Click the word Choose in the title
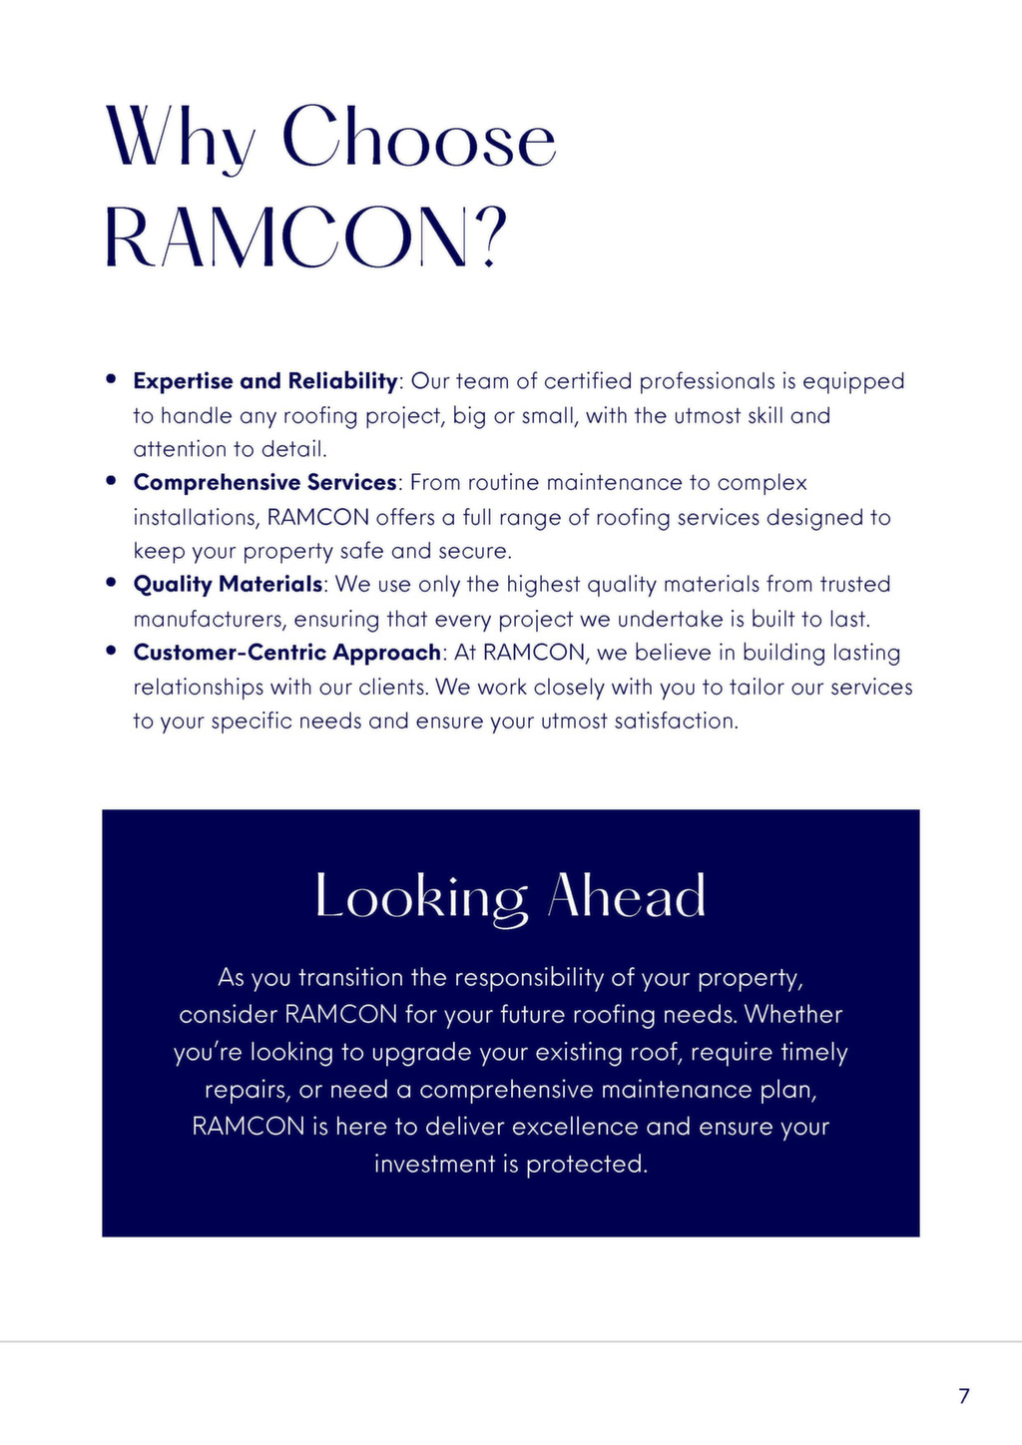(418, 137)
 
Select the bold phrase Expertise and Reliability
(264, 381)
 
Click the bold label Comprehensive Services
(264, 483)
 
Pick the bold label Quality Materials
(228, 585)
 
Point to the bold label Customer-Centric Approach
(286, 653)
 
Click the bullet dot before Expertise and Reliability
(112, 379)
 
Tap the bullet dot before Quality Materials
(112, 583)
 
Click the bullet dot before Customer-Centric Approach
(112, 651)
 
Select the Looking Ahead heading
(510, 895)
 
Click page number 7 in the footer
(963, 1396)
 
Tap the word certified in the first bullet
(588, 381)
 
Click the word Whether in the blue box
(793, 1015)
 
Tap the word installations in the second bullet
(196, 518)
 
